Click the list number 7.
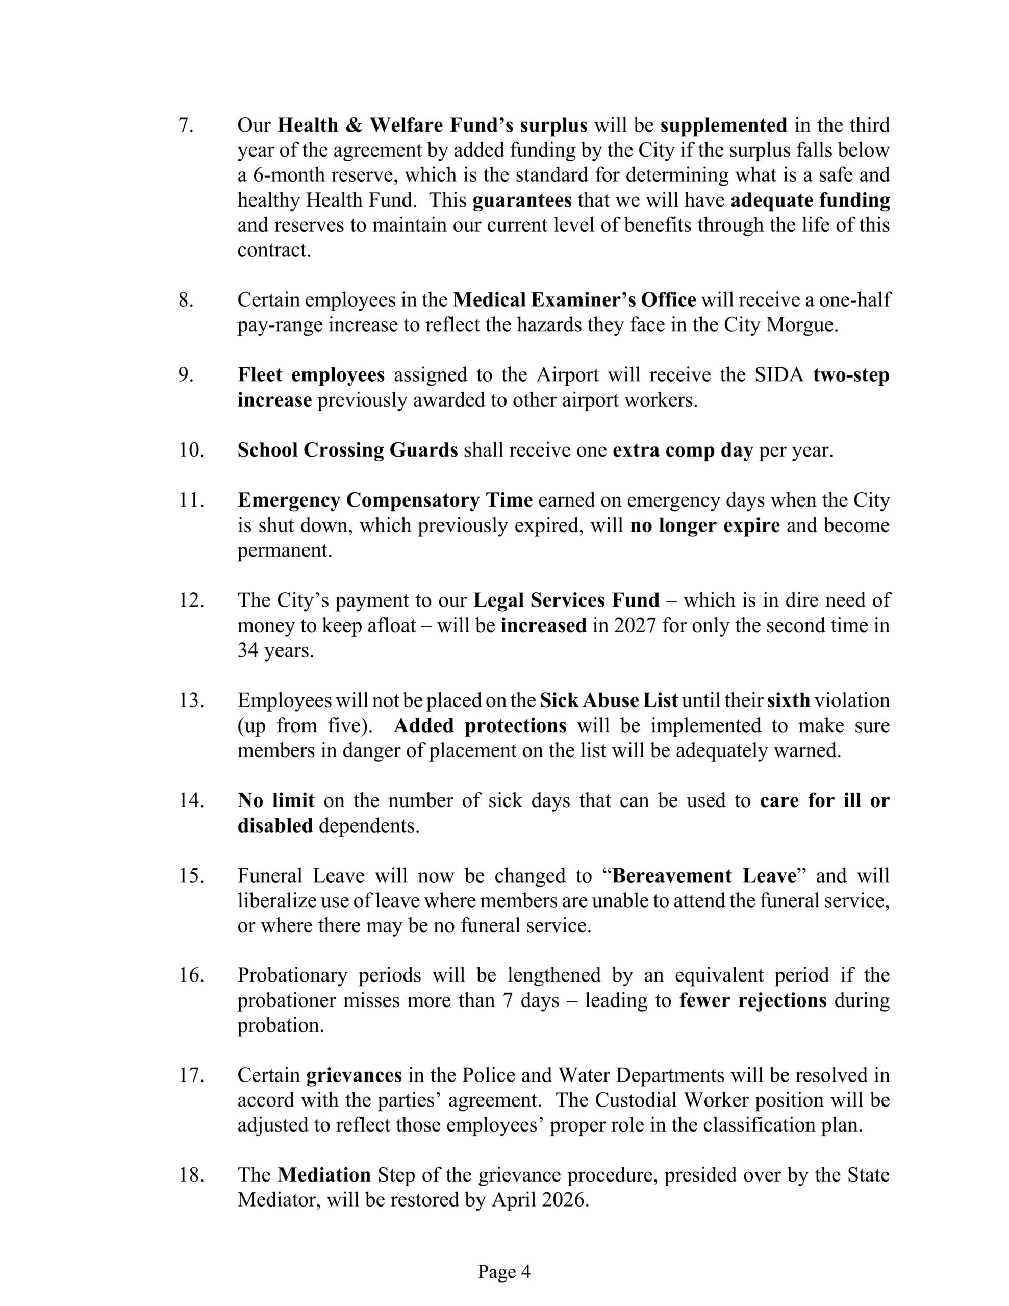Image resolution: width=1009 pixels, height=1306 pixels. click(185, 125)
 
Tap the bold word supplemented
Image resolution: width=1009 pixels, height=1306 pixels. click(724, 125)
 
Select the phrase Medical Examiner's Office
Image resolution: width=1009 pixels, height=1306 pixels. click(574, 299)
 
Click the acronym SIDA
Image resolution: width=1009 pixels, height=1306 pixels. click(779, 375)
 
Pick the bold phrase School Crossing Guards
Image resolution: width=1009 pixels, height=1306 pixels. click(347, 449)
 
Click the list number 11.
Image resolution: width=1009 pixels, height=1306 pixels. click(191, 500)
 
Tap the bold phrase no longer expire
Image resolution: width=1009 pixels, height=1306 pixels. click(704, 525)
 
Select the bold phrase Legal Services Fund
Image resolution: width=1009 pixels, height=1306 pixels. click(566, 600)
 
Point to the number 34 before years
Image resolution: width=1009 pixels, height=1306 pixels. click(247, 650)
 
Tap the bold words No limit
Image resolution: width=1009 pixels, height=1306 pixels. click(276, 800)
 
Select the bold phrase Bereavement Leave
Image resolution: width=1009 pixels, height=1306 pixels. click(704, 875)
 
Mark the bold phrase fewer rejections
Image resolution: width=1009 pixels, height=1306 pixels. click(752, 1000)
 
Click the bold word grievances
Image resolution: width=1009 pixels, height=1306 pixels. click(354, 1075)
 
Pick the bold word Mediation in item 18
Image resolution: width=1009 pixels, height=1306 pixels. click(324, 1175)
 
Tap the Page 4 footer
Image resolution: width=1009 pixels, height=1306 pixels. click(504, 1271)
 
